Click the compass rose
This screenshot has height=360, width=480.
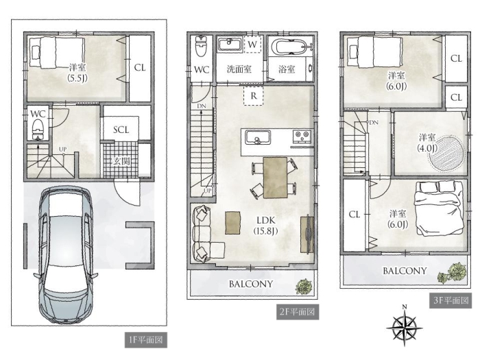pyautogui.click(x=405, y=326)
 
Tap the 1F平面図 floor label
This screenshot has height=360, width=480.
pyautogui.click(x=145, y=340)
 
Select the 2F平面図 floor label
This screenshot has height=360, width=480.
pyautogui.click(x=298, y=312)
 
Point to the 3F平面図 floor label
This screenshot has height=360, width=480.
pyautogui.click(x=451, y=300)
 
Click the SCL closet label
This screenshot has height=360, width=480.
pyautogui.click(x=121, y=130)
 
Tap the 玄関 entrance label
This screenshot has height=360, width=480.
pyautogui.click(x=121, y=161)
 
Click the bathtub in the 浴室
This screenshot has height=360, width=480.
pyautogui.click(x=291, y=47)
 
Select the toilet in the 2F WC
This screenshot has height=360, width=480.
pyautogui.click(x=201, y=47)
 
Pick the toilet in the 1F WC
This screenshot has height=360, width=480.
pyautogui.click(x=38, y=129)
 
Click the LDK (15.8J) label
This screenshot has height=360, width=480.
pyautogui.click(x=265, y=225)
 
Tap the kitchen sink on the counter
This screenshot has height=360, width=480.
pyautogui.click(x=257, y=137)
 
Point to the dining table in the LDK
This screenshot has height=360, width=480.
pyautogui.click(x=275, y=178)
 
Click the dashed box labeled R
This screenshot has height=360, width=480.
pyautogui.click(x=254, y=96)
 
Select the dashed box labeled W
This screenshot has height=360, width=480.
pyautogui.click(x=252, y=45)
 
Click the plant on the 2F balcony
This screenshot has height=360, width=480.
pyautogui.click(x=304, y=287)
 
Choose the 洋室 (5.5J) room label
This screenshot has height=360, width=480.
pyautogui.click(x=77, y=73)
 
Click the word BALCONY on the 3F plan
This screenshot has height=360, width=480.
pyautogui.click(x=405, y=271)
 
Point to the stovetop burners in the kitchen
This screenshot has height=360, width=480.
pyautogui.click(x=302, y=136)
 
